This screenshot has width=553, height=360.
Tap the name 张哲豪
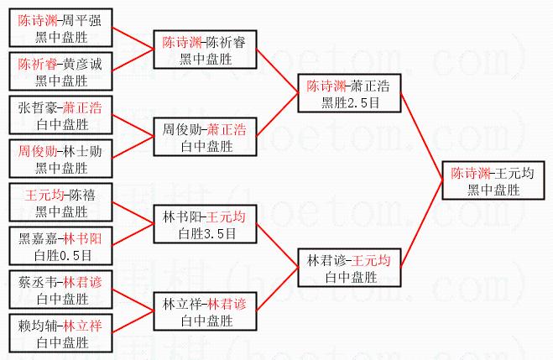point(37,108)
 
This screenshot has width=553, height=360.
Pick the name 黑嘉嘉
point(37,238)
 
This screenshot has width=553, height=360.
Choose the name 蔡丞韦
point(37,283)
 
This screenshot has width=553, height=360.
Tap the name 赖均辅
point(37,326)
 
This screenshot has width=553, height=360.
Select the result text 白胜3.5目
point(206,233)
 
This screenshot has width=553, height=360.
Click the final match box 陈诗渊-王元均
point(493,181)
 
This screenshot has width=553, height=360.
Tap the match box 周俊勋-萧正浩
point(206,138)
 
